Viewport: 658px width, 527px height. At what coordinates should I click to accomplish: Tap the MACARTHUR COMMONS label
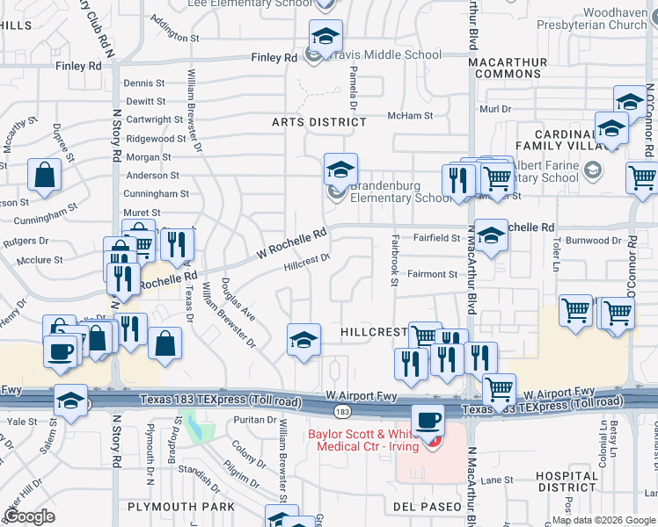(x=508, y=68)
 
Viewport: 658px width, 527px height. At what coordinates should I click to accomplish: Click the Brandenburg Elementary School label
(x=401, y=192)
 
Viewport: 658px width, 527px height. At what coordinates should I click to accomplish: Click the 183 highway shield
(x=339, y=410)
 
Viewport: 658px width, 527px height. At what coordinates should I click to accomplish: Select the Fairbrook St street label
(x=394, y=259)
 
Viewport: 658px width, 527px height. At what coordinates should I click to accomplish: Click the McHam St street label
(x=410, y=116)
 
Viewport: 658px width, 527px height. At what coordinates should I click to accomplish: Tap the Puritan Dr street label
(x=256, y=420)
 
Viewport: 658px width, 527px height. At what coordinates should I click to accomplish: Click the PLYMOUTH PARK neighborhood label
(x=181, y=507)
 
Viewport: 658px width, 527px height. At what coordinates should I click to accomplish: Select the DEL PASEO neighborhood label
(x=428, y=507)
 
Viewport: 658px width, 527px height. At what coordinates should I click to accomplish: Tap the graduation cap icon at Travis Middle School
(x=325, y=37)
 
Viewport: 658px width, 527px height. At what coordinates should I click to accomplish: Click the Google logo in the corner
(x=30, y=516)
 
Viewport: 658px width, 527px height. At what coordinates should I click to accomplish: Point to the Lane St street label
(x=496, y=480)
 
